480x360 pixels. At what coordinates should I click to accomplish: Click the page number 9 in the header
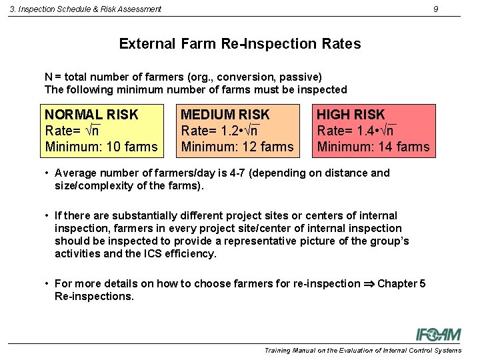[435, 9]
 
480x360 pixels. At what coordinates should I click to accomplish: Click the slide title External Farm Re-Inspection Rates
[240, 44]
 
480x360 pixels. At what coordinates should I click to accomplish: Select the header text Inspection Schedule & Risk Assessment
[85, 9]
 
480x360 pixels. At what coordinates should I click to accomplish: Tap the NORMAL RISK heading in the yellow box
[91, 115]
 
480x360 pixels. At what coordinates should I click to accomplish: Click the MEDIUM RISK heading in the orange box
[225, 115]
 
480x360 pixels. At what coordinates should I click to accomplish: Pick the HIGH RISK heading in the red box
[351, 115]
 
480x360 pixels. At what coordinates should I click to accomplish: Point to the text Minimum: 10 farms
[101, 147]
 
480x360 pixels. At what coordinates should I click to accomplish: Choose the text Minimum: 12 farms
[237, 147]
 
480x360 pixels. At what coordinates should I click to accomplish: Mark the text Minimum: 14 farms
[373, 147]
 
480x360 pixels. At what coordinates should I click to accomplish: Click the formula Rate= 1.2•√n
[220, 131]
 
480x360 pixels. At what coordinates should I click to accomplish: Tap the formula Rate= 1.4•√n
[356, 131]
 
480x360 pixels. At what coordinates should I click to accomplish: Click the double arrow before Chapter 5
[368, 284]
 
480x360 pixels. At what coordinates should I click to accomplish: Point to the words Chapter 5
[401, 284]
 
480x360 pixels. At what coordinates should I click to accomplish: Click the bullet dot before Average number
[47, 173]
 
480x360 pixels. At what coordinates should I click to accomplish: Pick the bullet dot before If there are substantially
[47, 216]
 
